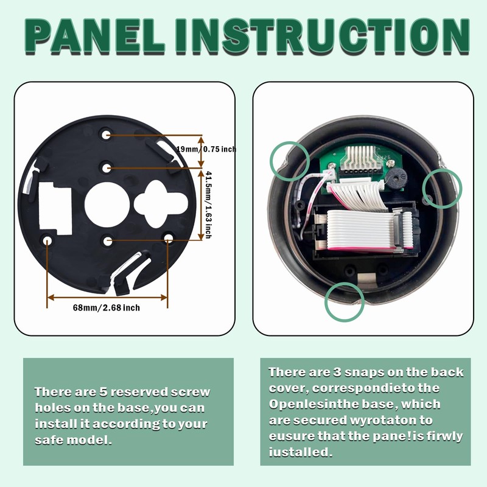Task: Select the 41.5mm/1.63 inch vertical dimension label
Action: click(x=208, y=204)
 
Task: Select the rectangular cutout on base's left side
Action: click(x=55, y=207)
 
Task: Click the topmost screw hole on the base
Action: click(x=107, y=134)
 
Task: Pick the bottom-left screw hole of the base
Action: click(x=48, y=240)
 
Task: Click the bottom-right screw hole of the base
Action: click(x=167, y=240)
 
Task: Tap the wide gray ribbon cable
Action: click(x=359, y=228)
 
